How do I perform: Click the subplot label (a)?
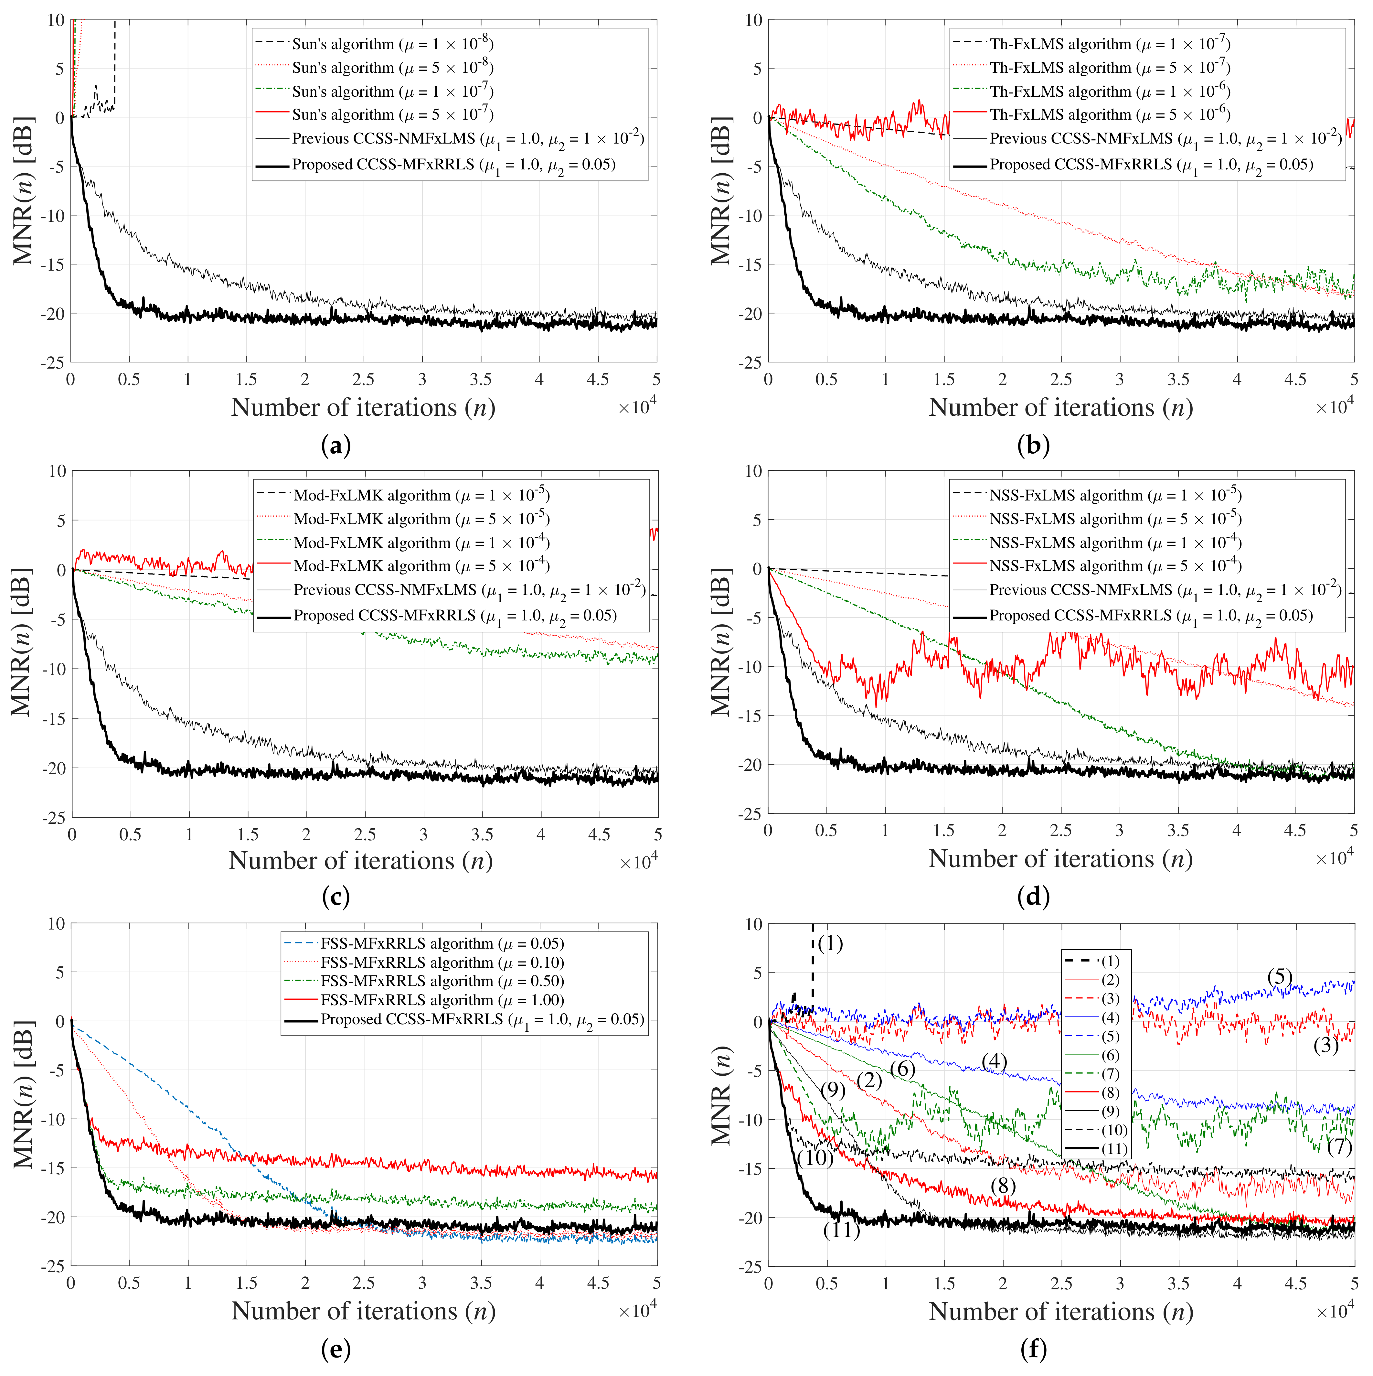coord(336,446)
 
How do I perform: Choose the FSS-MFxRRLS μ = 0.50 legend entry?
coord(442,981)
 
